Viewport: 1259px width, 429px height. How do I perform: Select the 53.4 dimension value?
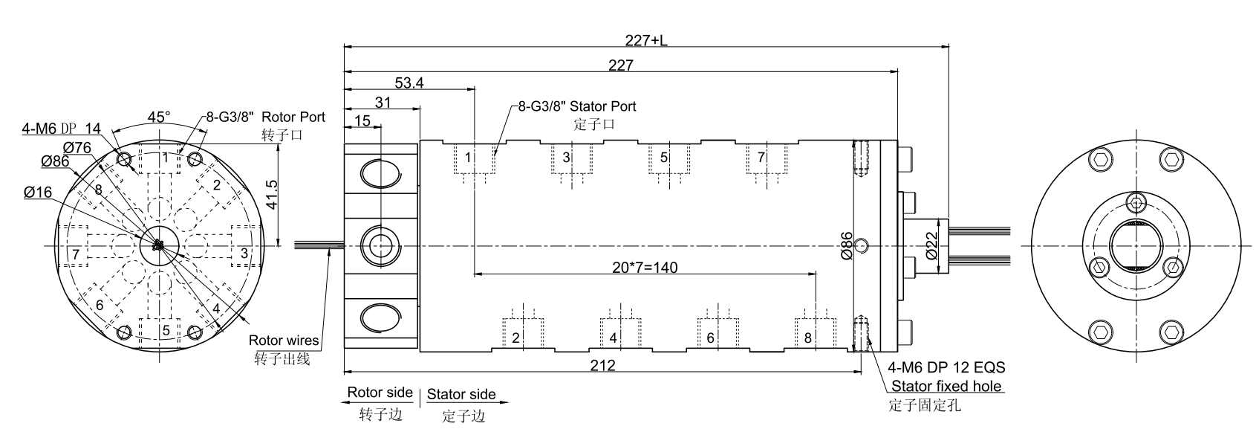pyautogui.click(x=409, y=83)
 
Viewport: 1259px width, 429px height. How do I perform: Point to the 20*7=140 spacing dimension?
pyautogui.click(x=645, y=267)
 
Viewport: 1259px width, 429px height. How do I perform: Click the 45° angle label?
pyautogui.click(x=158, y=117)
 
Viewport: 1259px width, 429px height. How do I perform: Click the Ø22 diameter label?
pyautogui.click(x=932, y=245)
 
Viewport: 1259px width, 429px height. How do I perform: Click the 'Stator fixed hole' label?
pyautogui.click(x=946, y=386)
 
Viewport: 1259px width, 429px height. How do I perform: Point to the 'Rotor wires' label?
pyautogui.click(x=284, y=341)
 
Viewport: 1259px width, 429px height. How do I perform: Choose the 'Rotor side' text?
pyautogui.click(x=380, y=393)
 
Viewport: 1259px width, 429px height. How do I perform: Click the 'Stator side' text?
pyautogui.click(x=461, y=394)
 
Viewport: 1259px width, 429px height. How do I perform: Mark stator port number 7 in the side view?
pyautogui.click(x=761, y=158)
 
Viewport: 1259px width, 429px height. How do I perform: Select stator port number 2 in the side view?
pyautogui.click(x=515, y=338)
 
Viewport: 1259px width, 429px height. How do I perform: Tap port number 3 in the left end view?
pyautogui.click(x=244, y=254)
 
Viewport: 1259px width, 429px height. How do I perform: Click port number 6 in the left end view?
pyautogui.click(x=99, y=305)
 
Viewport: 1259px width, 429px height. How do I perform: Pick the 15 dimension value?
pyautogui.click(x=362, y=121)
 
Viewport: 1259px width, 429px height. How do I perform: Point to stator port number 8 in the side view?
pyautogui.click(x=808, y=338)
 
